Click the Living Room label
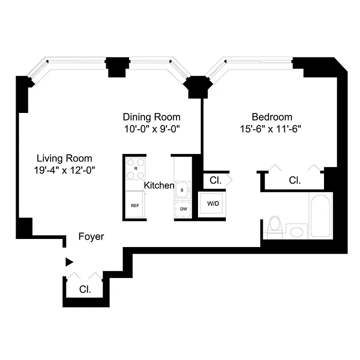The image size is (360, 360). (64, 158)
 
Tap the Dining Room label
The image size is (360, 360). (152, 117)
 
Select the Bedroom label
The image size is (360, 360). (272, 117)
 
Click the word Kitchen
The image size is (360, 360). (159, 185)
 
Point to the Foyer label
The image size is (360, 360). (91, 237)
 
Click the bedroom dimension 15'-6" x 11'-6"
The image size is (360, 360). (270, 128)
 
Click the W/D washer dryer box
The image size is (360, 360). (213, 204)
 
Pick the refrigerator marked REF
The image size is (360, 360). (135, 205)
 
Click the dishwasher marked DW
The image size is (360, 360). (184, 209)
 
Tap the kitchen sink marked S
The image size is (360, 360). (183, 189)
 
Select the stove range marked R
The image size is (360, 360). (135, 168)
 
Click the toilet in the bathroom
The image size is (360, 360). (274, 226)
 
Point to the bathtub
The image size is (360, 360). (321, 216)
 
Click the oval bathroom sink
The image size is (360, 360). (297, 232)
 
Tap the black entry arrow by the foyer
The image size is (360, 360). (69, 262)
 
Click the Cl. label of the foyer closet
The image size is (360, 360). (85, 289)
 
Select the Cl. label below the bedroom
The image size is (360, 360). (295, 180)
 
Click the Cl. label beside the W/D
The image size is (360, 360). (216, 180)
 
